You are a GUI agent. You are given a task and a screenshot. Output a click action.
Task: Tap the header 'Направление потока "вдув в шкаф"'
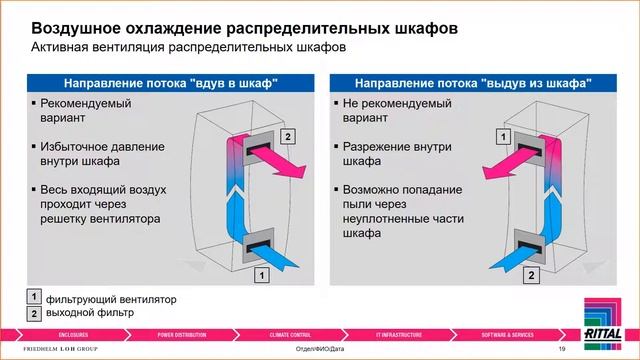[x=170, y=83]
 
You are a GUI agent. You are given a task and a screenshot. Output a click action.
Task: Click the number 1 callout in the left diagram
[x=260, y=272]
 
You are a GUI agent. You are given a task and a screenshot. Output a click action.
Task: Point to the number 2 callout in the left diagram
[x=289, y=135]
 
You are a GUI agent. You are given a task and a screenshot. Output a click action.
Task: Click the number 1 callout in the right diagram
[x=505, y=135]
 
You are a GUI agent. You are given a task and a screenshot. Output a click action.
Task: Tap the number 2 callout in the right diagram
[x=532, y=272]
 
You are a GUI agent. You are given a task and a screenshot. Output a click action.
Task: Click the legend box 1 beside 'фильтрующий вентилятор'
[x=33, y=298]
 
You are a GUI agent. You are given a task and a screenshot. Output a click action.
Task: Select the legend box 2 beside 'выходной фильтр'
[x=33, y=314]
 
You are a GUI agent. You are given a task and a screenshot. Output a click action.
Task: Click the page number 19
[x=562, y=348]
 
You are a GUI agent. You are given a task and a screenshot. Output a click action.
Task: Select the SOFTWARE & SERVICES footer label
[x=507, y=332]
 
